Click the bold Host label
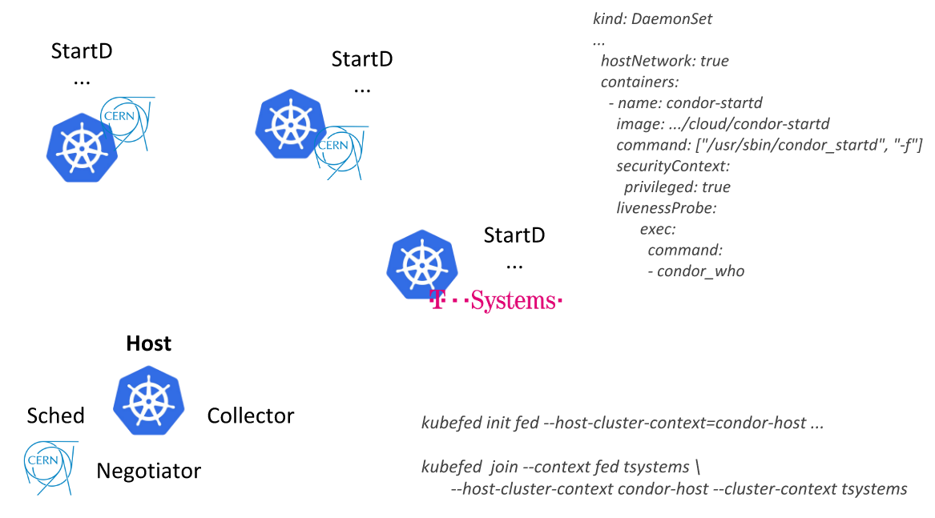(x=149, y=343)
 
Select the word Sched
(x=55, y=416)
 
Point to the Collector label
(x=251, y=416)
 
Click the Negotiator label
(x=148, y=471)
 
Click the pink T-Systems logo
(x=496, y=301)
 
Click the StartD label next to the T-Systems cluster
(x=514, y=235)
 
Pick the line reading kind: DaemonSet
(x=652, y=19)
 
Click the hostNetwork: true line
(x=664, y=61)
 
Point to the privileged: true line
(x=677, y=187)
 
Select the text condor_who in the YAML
(x=700, y=271)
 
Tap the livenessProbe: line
(x=665, y=208)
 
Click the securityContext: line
(x=672, y=167)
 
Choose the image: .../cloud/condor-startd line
(x=722, y=124)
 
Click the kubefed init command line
(x=623, y=423)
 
